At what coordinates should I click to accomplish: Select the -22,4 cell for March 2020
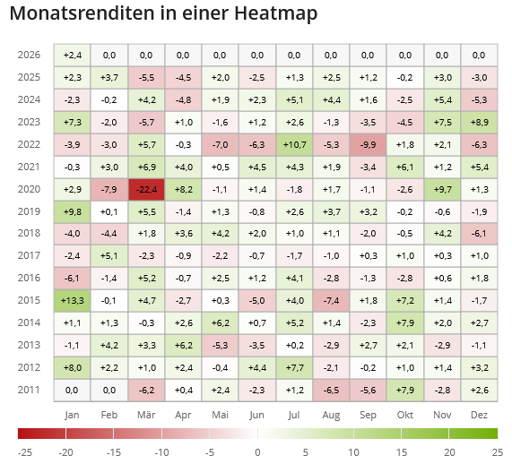coord(146,189)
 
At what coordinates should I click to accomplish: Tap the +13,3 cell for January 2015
coord(72,300)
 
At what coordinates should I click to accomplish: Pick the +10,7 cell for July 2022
coord(294,144)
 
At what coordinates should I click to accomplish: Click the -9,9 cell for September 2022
coord(368,144)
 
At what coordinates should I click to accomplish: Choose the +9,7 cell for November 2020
coord(441,189)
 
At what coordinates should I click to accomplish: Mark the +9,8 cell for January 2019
coord(72,211)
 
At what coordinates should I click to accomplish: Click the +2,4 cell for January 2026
coord(72,56)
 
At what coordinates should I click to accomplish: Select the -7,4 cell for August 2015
coord(331,300)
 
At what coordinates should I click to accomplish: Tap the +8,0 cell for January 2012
coord(72,367)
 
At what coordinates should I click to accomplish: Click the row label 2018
coord(29,234)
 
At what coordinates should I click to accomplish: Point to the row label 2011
coord(29,390)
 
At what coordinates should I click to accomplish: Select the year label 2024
coord(29,99)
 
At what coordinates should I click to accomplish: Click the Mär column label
coord(146,415)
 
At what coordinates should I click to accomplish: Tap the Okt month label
coord(404,415)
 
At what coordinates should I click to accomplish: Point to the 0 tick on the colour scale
coord(257,452)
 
